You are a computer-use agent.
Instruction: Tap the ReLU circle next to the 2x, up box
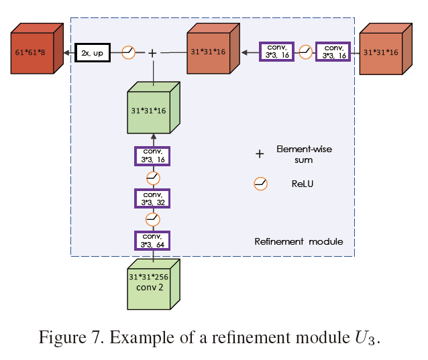point(128,52)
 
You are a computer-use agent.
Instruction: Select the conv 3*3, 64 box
point(152,241)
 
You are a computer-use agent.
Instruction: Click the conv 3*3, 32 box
point(152,198)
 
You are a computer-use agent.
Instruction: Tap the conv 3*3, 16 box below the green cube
point(152,156)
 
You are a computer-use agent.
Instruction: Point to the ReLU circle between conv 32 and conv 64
point(152,219)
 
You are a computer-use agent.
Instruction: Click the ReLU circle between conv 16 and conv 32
point(152,178)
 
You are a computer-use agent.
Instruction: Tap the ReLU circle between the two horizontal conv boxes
point(306,52)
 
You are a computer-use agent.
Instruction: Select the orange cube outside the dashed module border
point(384,51)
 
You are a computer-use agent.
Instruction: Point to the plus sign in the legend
point(260,154)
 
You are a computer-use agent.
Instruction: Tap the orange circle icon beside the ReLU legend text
point(260,183)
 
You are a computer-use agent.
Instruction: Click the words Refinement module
point(299,241)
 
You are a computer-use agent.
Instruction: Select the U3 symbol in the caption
point(366,337)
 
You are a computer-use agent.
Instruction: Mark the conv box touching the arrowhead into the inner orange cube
point(277,52)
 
